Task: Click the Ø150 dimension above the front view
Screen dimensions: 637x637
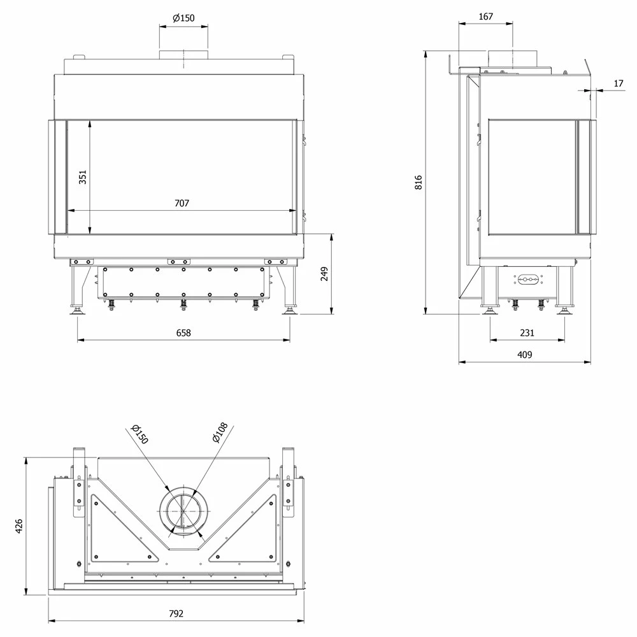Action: [x=183, y=18]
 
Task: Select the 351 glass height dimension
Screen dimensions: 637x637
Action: [x=82, y=177]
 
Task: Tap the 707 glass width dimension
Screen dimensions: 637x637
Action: [x=182, y=203]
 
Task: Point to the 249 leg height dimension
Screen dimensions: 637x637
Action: [x=324, y=274]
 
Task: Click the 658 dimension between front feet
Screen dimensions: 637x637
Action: [x=183, y=333]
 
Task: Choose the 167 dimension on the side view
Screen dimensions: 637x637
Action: [x=486, y=17]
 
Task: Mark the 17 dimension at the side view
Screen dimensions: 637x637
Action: [x=619, y=83]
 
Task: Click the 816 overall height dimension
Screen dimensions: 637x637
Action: [x=419, y=182]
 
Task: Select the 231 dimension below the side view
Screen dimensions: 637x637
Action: [x=527, y=333]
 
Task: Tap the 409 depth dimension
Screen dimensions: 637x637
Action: [x=524, y=355]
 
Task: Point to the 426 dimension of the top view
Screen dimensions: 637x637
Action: [x=18, y=526]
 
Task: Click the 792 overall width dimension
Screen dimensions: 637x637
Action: [x=176, y=613]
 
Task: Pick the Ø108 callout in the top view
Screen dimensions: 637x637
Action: [x=220, y=433]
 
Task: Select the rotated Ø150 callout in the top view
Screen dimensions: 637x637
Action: [x=140, y=434]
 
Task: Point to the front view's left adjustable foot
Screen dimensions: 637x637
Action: [x=77, y=310]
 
